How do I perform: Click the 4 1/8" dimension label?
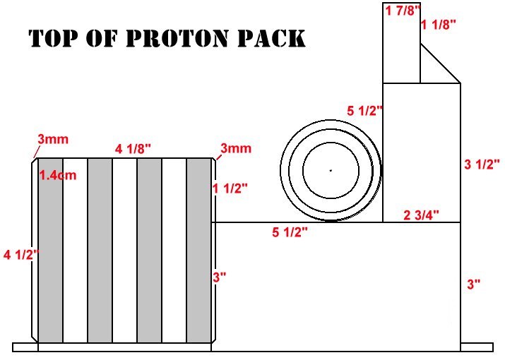point(133,149)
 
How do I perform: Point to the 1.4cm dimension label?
point(58,176)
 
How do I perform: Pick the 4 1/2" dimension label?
point(21,255)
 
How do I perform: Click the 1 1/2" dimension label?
point(230,188)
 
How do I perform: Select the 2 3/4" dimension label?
point(421,215)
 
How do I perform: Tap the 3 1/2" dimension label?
point(482,164)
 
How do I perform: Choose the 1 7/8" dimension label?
point(403,11)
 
